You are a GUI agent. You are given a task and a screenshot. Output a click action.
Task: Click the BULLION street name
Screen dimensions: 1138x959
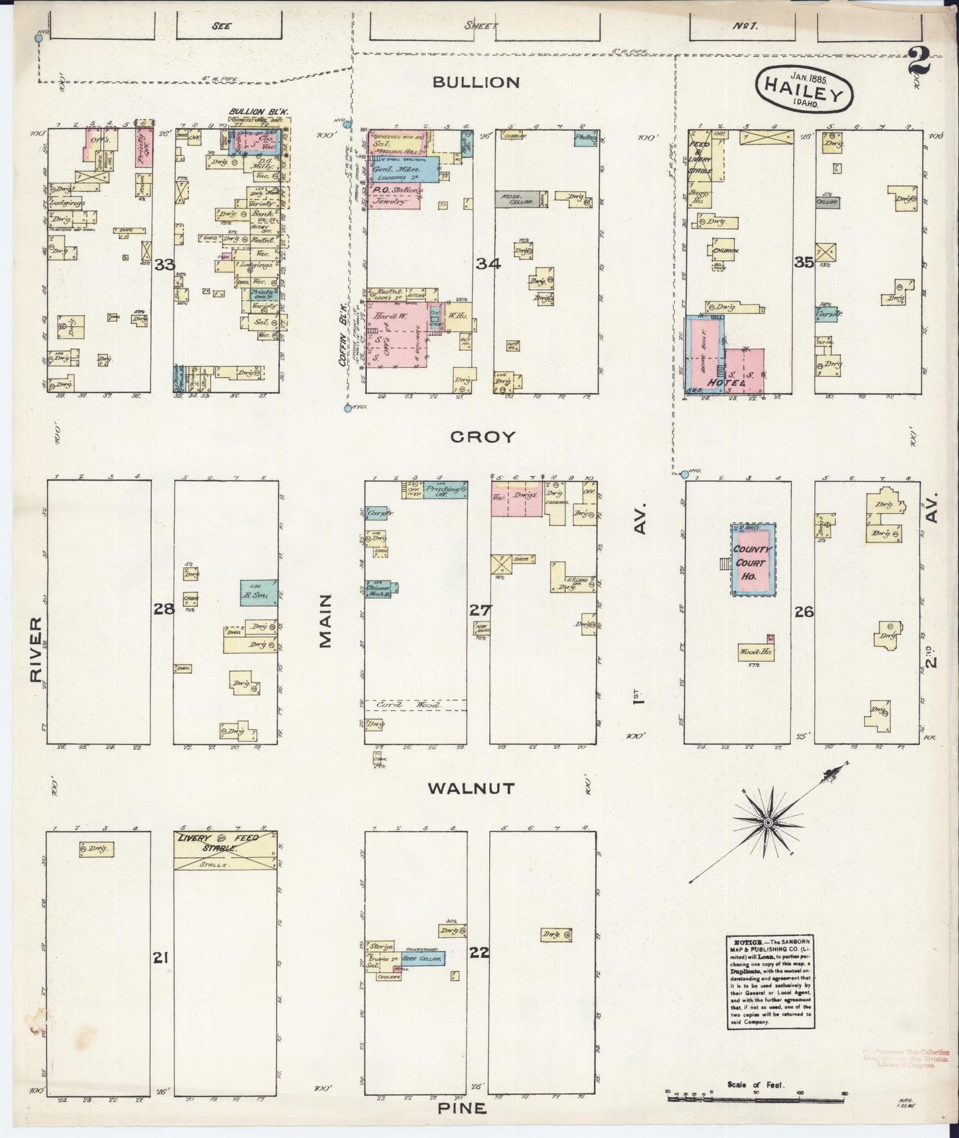[x=475, y=82]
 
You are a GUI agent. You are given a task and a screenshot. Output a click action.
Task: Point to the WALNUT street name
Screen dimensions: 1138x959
[x=471, y=789]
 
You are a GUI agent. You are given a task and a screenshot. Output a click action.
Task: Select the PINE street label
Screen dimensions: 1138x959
[x=461, y=1109]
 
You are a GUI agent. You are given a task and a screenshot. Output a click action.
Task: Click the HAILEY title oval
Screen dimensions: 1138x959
[x=804, y=90]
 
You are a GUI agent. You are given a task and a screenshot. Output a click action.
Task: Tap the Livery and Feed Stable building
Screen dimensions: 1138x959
[x=225, y=849]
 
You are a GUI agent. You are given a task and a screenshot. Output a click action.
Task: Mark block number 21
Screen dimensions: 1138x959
[x=160, y=957]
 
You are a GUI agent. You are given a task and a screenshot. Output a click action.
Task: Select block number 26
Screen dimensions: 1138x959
[x=804, y=611]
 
